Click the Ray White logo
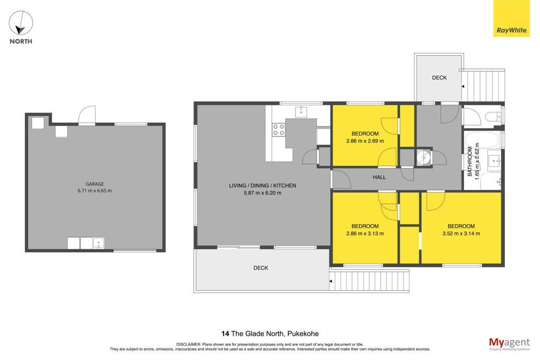click(512, 18)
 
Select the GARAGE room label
click(95, 184)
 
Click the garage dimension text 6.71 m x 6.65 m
click(95, 191)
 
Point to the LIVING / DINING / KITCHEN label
click(263, 186)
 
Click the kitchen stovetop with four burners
click(278, 130)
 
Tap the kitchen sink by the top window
click(301, 112)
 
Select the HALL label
click(379, 177)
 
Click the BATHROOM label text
click(470, 161)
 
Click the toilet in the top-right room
click(494, 116)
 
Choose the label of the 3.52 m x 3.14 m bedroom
click(461, 226)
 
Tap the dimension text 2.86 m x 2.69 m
click(365, 141)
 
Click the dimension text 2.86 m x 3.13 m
click(365, 233)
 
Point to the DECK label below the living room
click(261, 268)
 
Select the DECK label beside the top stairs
click(439, 78)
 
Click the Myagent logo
click(509, 344)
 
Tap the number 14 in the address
click(225, 334)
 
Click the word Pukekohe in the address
click(303, 334)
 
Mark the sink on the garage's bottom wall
click(98, 244)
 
